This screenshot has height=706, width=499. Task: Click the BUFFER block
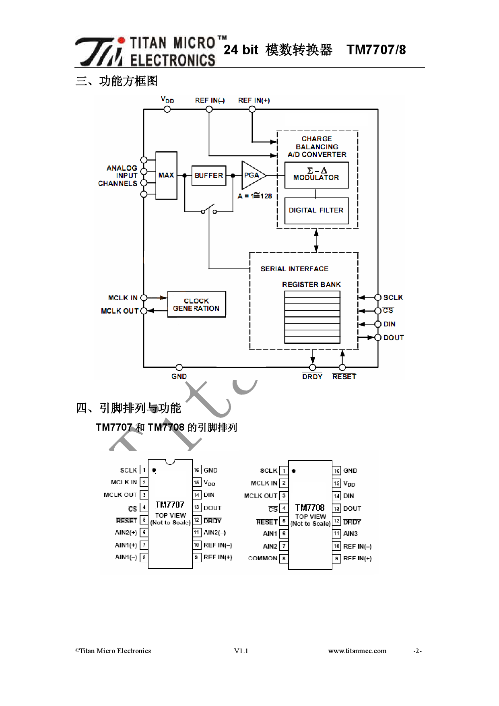tap(208, 175)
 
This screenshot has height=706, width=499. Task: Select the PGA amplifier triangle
tap(252, 175)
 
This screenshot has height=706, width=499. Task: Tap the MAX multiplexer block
tap(166, 175)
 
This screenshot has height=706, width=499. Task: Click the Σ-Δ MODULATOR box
tap(316, 175)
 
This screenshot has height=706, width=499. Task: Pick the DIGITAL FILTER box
tap(316, 210)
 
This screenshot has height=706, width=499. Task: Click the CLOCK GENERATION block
tap(196, 305)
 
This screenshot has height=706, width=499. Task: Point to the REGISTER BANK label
tap(311, 284)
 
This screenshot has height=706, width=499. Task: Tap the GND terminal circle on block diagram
tap(179, 367)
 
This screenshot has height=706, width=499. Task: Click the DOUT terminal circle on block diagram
tap(378, 338)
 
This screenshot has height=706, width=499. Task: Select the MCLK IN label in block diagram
tap(123, 298)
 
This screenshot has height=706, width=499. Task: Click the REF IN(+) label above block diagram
tap(254, 100)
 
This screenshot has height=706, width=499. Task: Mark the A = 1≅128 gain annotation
tap(255, 196)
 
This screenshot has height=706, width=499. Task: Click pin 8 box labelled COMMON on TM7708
tap(284, 558)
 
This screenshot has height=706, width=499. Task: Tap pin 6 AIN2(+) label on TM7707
tap(126, 532)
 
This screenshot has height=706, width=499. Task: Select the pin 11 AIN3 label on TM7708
tap(351, 534)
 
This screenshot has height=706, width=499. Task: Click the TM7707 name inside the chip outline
tap(170, 505)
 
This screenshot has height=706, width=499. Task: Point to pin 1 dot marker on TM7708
tap(294, 471)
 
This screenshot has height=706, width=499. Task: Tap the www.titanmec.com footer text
tap(357, 651)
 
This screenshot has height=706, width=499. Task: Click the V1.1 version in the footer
tap(241, 651)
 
